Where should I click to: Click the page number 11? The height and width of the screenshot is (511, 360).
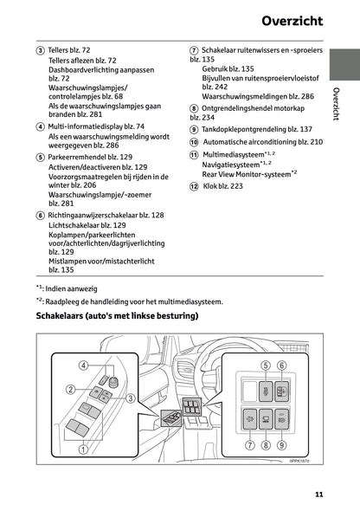pos(319,495)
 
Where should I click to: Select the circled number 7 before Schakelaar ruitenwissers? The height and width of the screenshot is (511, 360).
pos(194,52)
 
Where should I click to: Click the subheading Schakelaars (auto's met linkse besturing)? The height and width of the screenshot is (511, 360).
pos(117,316)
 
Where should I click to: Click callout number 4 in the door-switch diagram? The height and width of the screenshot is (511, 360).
pos(84,365)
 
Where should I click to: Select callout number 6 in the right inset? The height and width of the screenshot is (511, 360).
pos(282,365)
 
